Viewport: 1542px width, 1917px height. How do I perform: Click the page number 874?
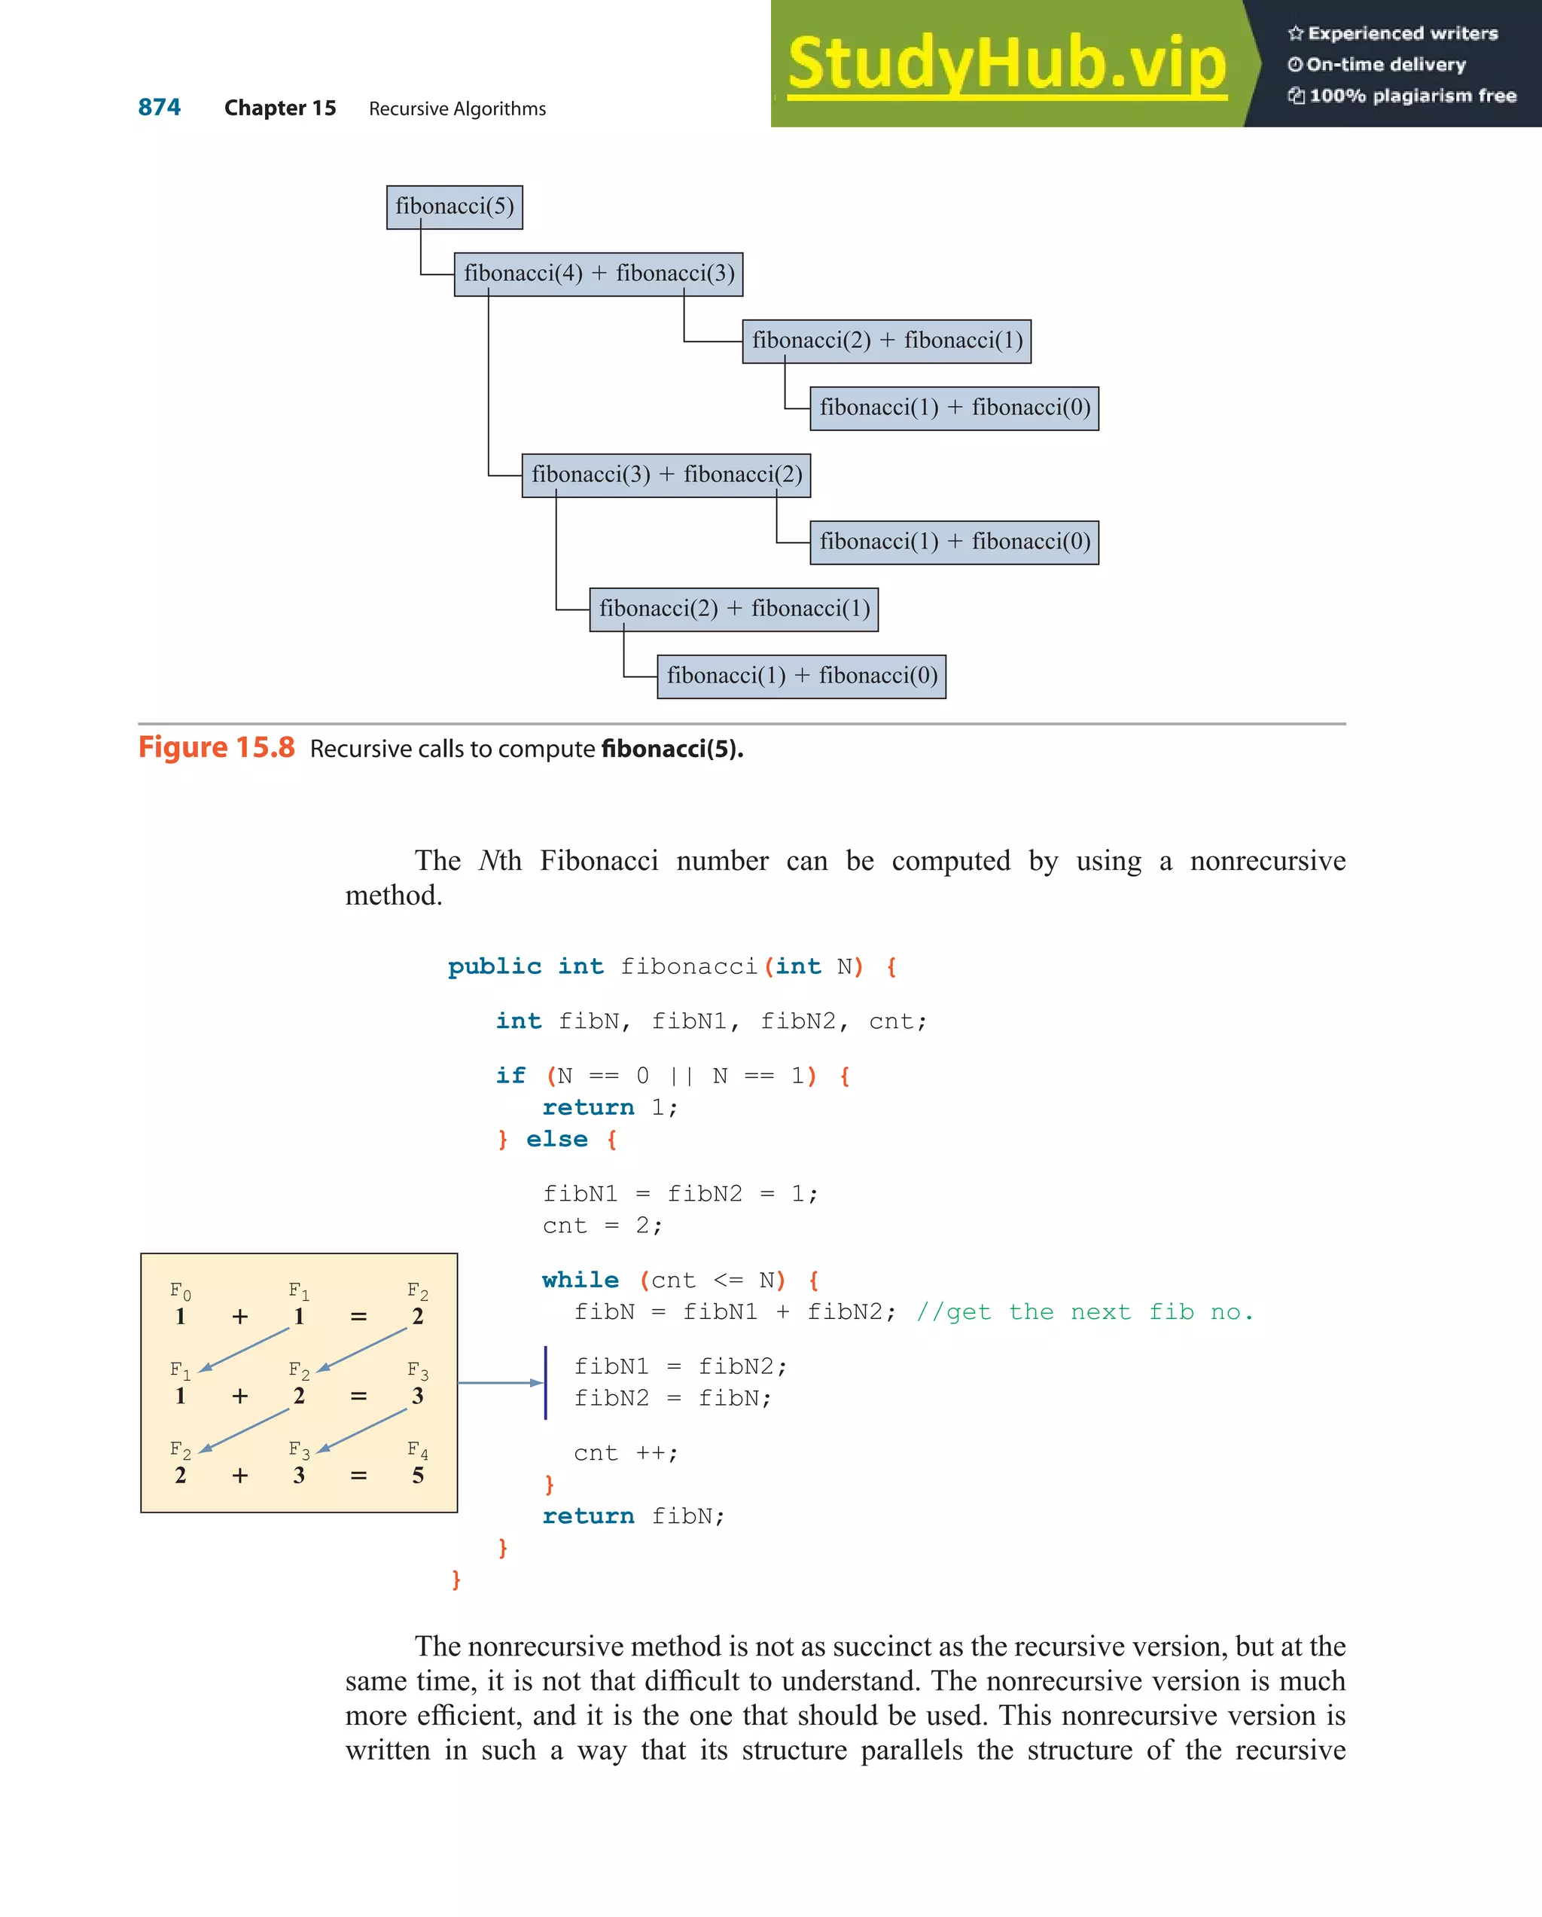pyautogui.click(x=159, y=108)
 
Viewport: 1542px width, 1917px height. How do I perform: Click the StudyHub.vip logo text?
pyautogui.click(x=1006, y=64)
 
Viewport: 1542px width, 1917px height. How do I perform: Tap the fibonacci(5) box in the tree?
pyautogui.click(x=454, y=207)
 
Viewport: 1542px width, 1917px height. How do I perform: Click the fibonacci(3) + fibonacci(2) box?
pyautogui.click(x=666, y=475)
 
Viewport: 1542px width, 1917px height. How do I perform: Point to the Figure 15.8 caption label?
pyautogui.click(x=216, y=748)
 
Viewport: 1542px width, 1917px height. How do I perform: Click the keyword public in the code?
pyautogui.click(x=494, y=966)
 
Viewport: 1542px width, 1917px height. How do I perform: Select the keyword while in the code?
pyautogui.click(x=581, y=1280)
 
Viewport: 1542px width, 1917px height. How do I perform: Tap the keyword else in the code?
pyautogui.click(x=556, y=1139)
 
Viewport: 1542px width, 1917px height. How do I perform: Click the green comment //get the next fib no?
pyautogui.click(x=1084, y=1311)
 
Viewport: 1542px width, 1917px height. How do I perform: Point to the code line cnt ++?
pyautogui.click(x=626, y=1453)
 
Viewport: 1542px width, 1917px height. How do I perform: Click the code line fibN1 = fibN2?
pyautogui.click(x=680, y=1366)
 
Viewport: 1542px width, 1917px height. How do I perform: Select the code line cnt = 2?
pyautogui.click(x=602, y=1226)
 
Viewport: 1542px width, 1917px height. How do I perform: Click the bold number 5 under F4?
pyautogui.click(x=418, y=1475)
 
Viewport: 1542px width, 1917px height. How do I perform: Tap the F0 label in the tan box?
pyautogui.click(x=181, y=1290)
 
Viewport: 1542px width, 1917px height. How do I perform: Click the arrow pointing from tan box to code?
pyautogui.click(x=499, y=1383)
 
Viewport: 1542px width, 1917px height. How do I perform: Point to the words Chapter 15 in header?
pyautogui.click(x=280, y=108)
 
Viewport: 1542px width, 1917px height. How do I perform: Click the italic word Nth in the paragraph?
pyautogui.click(x=499, y=861)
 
